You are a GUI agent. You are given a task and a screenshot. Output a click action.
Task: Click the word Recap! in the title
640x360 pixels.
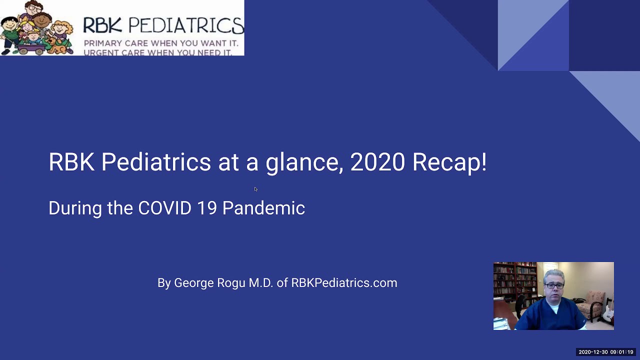coord(449,162)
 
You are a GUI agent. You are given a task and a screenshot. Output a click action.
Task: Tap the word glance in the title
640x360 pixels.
coord(304,162)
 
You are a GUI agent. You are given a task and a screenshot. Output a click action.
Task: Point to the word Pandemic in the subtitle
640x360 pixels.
coord(263,208)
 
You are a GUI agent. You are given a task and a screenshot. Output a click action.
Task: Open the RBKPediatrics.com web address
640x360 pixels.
coord(344,283)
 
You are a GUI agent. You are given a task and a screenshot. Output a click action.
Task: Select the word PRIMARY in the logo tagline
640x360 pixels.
coord(103,43)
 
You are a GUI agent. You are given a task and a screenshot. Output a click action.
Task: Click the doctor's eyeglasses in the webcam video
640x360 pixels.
coord(554,285)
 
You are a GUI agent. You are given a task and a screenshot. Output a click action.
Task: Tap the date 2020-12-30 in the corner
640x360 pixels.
coord(593,352)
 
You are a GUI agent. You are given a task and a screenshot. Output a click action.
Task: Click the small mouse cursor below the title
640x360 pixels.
coord(255,189)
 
